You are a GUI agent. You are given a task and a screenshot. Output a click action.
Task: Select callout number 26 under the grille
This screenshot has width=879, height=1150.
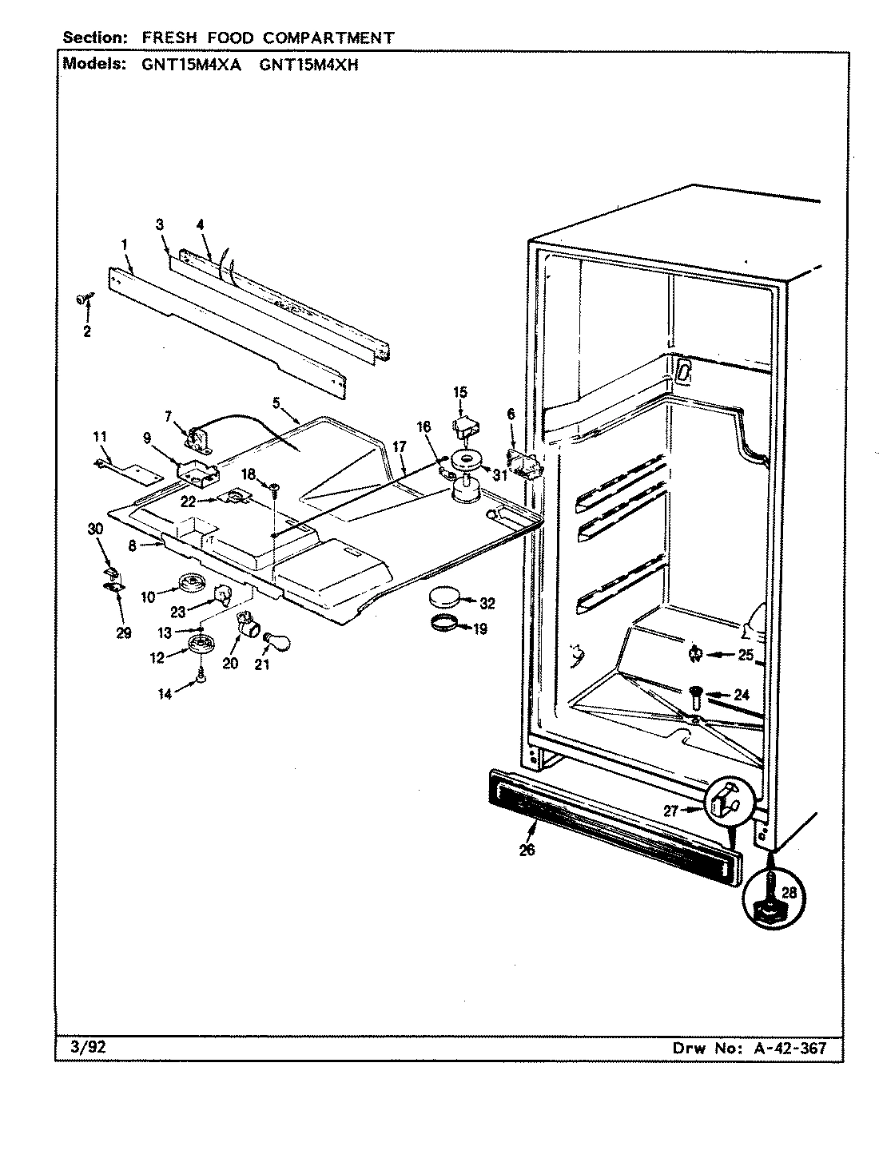pyautogui.click(x=527, y=850)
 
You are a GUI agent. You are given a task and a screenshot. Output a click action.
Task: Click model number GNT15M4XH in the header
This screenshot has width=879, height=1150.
pyautogui.click(x=309, y=65)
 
